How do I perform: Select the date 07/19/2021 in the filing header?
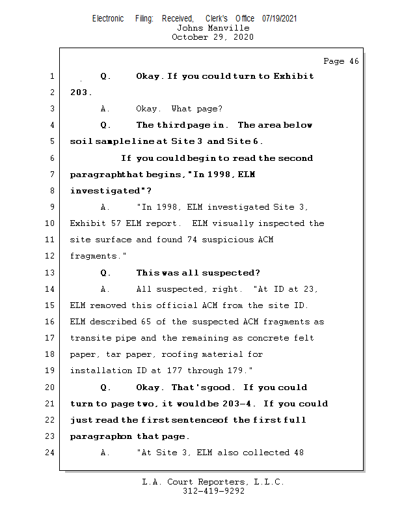[279, 18]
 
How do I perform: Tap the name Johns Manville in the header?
[213, 28]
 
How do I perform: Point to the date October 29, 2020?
[213, 37]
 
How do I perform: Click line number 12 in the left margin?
[51, 256]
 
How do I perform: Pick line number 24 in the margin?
[51, 453]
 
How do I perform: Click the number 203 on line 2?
[79, 92]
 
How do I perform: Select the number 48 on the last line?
[298, 453]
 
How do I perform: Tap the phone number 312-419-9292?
[213, 491]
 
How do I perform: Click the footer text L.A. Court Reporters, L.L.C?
[213, 482]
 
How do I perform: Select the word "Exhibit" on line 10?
[88, 223]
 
